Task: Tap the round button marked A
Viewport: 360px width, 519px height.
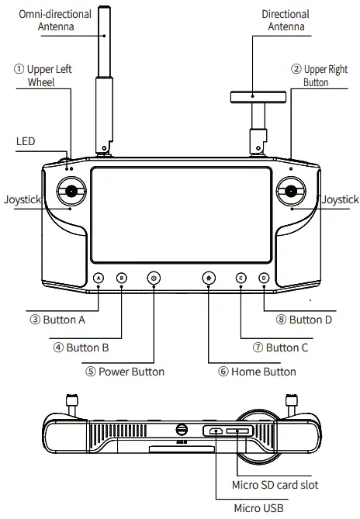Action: [99, 278]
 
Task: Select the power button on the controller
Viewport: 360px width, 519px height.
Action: [154, 278]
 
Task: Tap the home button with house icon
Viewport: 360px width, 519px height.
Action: [209, 278]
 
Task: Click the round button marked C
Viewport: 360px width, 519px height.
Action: [241, 278]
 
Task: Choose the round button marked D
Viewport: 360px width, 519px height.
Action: [264, 278]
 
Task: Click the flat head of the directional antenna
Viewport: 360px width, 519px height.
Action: [259, 97]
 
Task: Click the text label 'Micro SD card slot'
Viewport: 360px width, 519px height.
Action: [275, 485]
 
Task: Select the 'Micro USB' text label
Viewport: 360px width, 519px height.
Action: [258, 508]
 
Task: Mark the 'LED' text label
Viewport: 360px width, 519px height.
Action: [26, 142]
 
